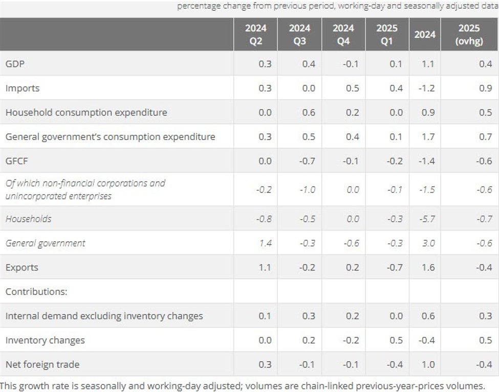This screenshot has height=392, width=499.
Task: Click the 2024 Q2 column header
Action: coord(255,35)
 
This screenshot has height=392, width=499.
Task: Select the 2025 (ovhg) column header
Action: coord(469,35)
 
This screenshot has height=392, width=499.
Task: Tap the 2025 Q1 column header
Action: coord(387,35)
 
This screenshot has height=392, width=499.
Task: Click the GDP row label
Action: coord(15,64)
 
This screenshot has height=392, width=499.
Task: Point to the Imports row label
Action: coord(23,88)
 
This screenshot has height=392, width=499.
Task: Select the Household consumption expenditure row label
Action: coord(86,112)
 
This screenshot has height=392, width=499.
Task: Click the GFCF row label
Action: coord(16,161)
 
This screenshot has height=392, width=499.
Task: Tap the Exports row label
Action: coord(22,267)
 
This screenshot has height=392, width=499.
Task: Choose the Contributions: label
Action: coord(37,291)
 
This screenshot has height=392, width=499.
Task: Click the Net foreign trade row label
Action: coord(42,364)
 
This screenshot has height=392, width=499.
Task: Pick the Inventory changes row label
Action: coord(45,340)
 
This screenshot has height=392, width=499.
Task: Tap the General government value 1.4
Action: coord(265,243)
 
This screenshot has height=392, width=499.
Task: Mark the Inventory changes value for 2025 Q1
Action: coord(396,340)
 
